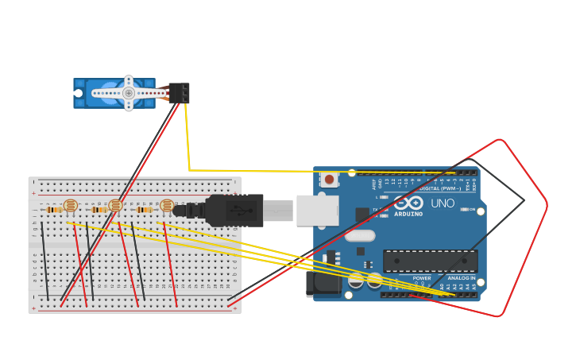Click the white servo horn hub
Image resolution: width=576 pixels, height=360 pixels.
(129, 93)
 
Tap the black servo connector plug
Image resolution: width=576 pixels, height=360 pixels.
(180, 93)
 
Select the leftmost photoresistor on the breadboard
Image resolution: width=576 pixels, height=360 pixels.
(70, 205)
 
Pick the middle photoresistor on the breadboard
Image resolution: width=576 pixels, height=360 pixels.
(115, 205)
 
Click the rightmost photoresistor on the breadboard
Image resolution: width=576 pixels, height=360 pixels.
(167, 205)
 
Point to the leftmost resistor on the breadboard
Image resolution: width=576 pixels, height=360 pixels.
(54, 210)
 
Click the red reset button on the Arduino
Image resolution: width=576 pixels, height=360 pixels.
(329, 180)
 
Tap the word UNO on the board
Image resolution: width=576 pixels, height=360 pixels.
(442, 203)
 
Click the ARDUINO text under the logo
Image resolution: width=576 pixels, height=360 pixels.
(408, 214)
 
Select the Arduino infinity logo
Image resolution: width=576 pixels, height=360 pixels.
(408, 202)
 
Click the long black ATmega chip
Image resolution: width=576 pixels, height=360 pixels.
(430, 261)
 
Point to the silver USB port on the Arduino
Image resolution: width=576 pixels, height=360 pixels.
(318, 210)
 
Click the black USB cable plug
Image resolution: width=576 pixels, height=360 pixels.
(234, 211)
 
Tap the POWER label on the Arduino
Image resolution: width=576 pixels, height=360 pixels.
(422, 278)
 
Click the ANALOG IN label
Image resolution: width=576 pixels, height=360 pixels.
(462, 278)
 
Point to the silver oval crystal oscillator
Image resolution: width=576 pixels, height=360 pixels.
(360, 236)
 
